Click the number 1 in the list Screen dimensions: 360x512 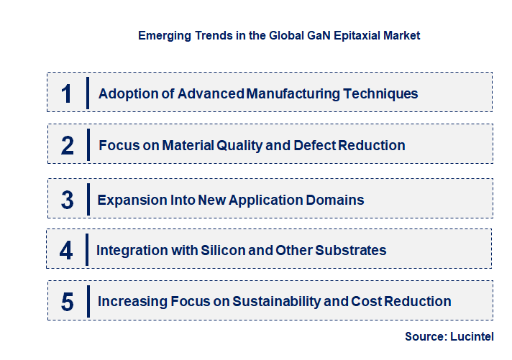coord(67,93)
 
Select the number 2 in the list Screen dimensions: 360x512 coord(68,145)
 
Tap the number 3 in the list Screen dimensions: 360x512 coord(68,200)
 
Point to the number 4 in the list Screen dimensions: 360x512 coord(67,250)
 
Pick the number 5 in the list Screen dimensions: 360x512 coord(68,302)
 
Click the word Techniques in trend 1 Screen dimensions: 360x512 coord(380,93)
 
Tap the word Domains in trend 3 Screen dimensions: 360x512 coord(338,200)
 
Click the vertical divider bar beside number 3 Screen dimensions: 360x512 coord(88,200)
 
